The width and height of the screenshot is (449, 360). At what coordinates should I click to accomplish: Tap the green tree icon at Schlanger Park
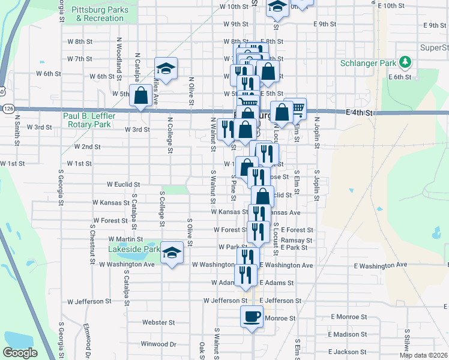pyautogui.click(x=406, y=62)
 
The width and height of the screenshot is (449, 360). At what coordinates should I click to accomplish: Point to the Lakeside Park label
pyautogui.click(x=134, y=249)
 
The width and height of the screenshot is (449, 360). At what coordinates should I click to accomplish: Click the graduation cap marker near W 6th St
pyautogui.click(x=166, y=68)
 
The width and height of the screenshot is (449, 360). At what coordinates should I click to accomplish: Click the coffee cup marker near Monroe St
pyautogui.click(x=252, y=316)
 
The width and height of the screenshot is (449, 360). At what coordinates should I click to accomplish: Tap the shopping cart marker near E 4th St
pyautogui.click(x=295, y=109)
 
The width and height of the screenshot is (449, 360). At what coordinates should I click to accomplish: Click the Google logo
pyautogui.click(x=20, y=353)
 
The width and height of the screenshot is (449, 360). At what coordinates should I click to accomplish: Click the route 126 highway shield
pyautogui.click(x=7, y=109)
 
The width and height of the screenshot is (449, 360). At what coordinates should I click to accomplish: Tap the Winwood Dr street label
pyautogui.click(x=158, y=344)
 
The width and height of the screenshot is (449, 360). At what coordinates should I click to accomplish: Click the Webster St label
pyautogui.click(x=158, y=322)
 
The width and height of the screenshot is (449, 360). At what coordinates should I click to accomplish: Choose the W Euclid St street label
pyautogui.click(x=123, y=185)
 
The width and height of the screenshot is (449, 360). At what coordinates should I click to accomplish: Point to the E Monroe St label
pyautogui.click(x=348, y=316)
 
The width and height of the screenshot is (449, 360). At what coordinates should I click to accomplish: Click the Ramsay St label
pyautogui.click(x=301, y=240)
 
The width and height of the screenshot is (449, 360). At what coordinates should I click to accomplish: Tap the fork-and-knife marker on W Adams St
pyautogui.click(x=246, y=275)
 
